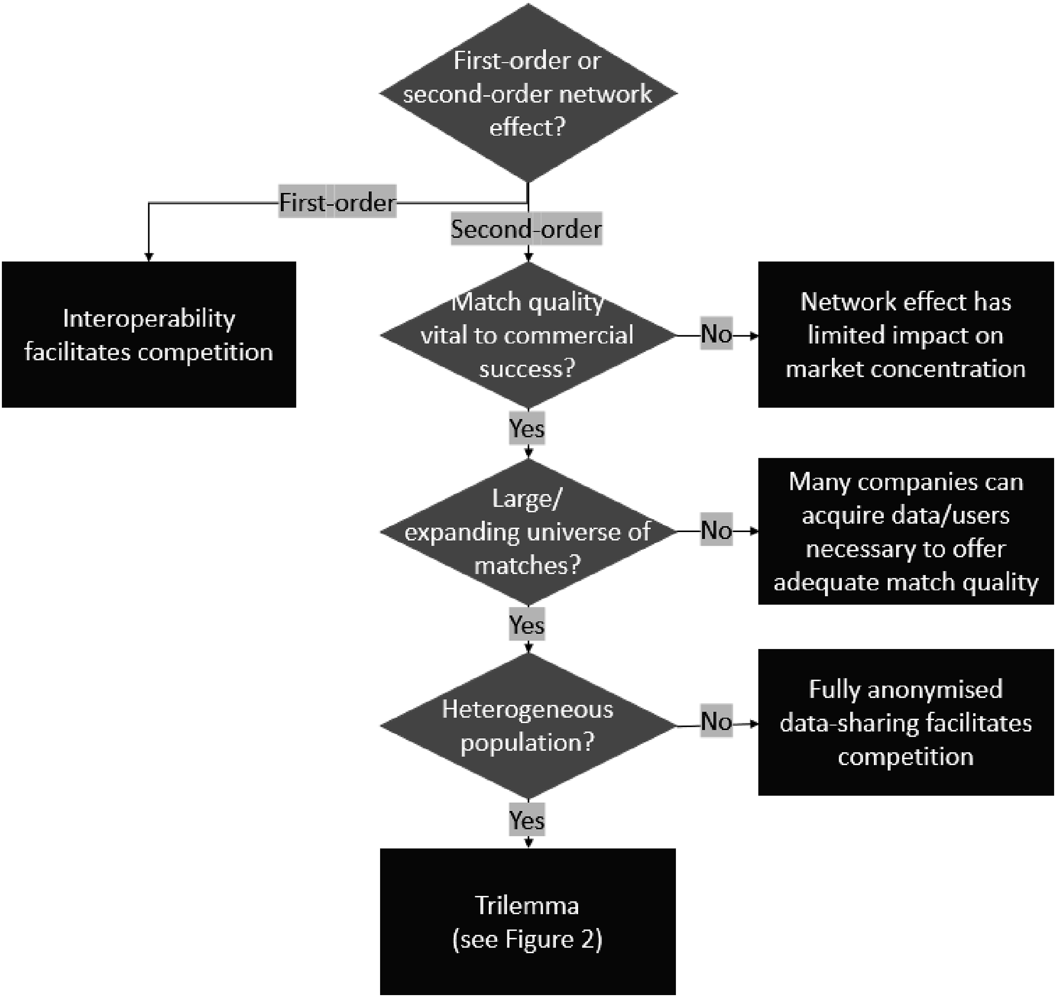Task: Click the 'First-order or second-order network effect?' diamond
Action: [x=528, y=93]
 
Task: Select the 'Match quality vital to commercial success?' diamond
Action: [x=528, y=335]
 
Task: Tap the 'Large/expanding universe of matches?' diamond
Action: [x=528, y=531]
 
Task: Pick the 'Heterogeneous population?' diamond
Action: [x=528, y=726]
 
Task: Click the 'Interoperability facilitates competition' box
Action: [x=149, y=335]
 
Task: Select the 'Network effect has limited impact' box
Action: [x=906, y=335]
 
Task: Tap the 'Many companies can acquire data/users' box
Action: [x=906, y=531]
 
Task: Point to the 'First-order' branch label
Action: [x=338, y=202]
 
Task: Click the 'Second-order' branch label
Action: [x=526, y=229]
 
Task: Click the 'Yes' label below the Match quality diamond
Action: [x=526, y=428]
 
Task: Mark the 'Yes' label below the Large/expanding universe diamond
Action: [x=526, y=624]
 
